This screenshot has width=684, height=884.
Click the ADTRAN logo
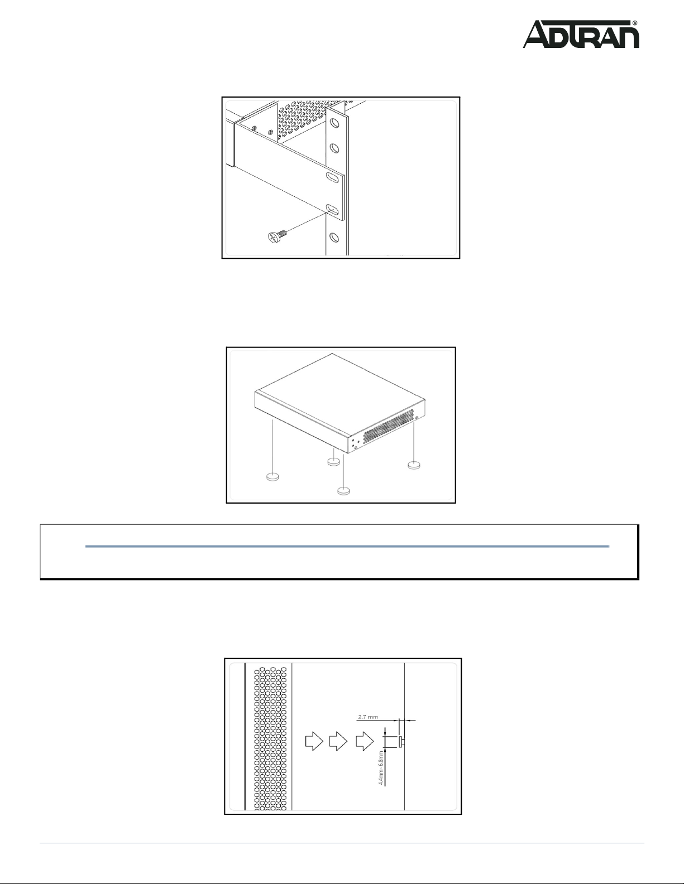[581, 35]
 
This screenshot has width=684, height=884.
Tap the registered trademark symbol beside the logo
[635, 23]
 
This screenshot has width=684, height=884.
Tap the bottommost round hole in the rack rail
[334, 237]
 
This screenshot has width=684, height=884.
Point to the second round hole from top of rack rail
[334, 148]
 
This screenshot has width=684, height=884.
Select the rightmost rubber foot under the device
[414, 465]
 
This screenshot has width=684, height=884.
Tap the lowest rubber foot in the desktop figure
[344, 491]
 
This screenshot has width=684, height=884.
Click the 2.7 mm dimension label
[368, 717]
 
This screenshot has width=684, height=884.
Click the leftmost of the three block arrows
[314, 742]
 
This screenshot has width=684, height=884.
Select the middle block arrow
[338, 742]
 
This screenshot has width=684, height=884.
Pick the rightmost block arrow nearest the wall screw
[365, 742]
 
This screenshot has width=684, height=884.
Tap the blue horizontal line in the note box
[347, 547]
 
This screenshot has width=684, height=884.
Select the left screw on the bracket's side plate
[255, 128]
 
